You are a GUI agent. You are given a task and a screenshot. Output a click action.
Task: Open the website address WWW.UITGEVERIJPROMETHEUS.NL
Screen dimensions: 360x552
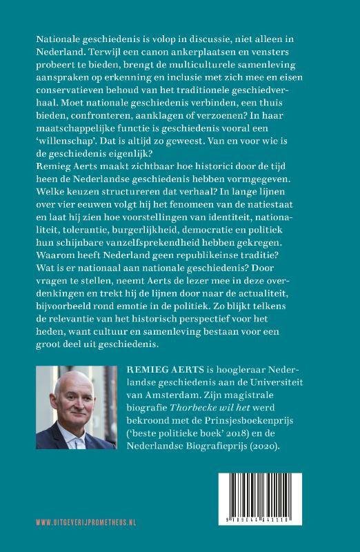click(85, 522)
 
